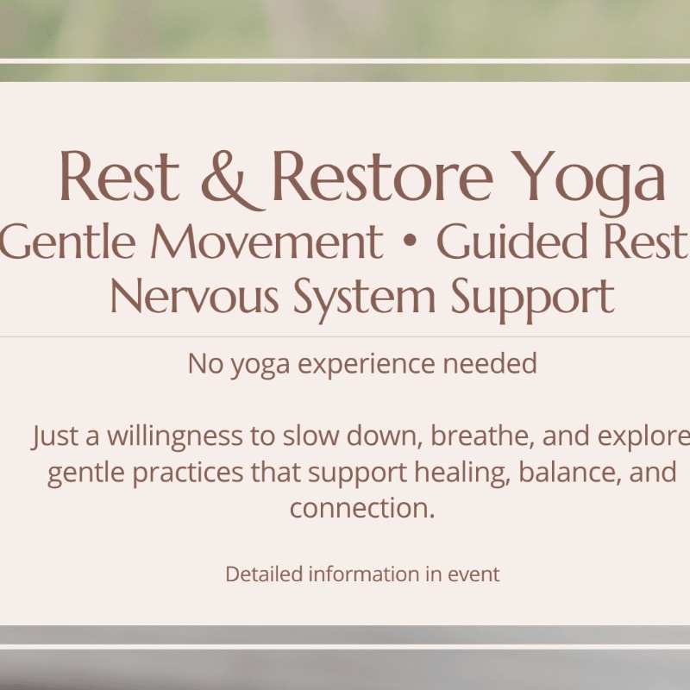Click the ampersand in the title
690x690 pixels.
coord(233,180)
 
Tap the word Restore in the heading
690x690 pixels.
coord(382,177)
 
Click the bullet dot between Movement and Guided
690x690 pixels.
coord(410,241)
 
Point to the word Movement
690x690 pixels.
coord(267,241)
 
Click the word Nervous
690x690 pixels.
coord(194,296)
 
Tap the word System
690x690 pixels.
coord(364,300)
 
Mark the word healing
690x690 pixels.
coord(462,473)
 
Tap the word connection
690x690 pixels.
coord(362,508)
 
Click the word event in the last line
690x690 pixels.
coord(474,574)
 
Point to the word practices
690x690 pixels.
coord(188,474)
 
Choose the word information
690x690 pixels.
coord(364,574)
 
